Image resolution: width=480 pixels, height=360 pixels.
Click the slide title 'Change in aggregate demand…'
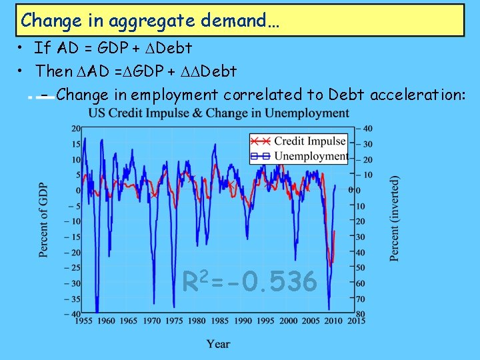tap(150, 21)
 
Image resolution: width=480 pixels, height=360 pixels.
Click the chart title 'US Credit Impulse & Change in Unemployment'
tap(219, 113)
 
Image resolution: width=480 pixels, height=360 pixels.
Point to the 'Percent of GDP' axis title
tap(43, 219)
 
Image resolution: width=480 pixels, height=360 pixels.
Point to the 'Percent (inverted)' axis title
tap(395, 219)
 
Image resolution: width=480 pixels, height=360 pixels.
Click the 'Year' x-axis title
tap(218, 344)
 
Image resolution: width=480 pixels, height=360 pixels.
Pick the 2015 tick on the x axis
tap(357, 321)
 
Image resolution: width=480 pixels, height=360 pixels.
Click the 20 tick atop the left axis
tap(76, 128)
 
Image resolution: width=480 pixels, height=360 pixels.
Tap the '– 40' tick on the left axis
tap(74, 314)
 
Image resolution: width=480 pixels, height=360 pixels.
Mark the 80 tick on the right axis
tap(360, 314)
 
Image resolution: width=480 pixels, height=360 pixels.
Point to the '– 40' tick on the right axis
tap(363, 128)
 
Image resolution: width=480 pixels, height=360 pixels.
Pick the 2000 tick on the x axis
tap(288, 321)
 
